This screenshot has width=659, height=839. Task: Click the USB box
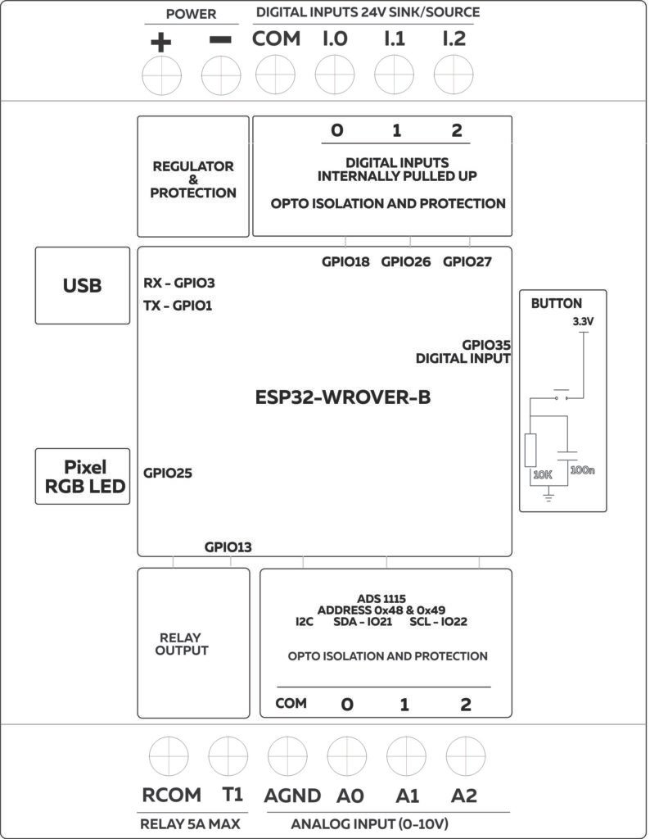pyautogui.click(x=83, y=285)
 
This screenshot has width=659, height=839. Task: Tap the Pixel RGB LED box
pyautogui.click(x=83, y=477)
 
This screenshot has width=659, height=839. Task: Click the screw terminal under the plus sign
pyautogui.click(x=161, y=77)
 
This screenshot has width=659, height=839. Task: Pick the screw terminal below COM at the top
pyautogui.click(x=276, y=77)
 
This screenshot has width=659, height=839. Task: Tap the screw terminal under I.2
pyautogui.click(x=454, y=77)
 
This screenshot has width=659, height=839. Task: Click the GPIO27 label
pyautogui.click(x=467, y=262)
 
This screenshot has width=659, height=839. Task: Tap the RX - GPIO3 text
pyautogui.click(x=179, y=283)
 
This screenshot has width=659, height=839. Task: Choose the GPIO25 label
pyautogui.click(x=168, y=473)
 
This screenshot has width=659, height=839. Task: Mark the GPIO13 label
pyautogui.click(x=228, y=547)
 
